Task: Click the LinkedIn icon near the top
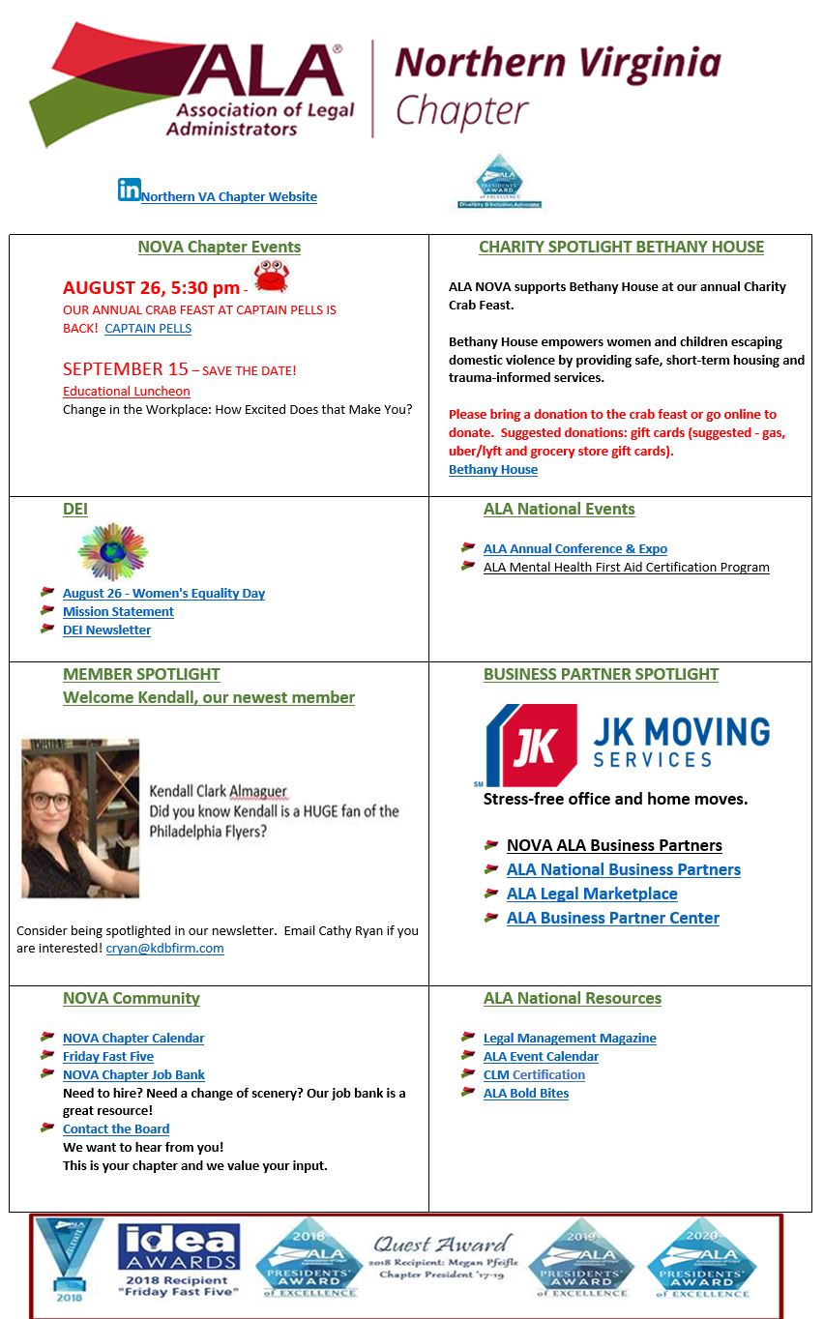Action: tap(129, 190)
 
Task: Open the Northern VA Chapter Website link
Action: tap(229, 197)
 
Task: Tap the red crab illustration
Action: tap(271, 278)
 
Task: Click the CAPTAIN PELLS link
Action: tap(148, 328)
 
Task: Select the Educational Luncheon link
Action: tap(127, 392)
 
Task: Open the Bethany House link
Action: tap(493, 470)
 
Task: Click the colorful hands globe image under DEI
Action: tap(112, 551)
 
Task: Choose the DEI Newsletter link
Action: tap(107, 630)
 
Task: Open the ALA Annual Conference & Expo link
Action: tap(575, 549)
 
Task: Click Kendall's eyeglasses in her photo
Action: tap(50, 801)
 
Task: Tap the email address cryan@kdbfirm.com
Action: tap(164, 949)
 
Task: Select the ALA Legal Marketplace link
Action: tap(592, 894)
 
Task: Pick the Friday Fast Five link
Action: tap(108, 1057)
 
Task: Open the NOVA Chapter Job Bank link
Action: tap(133, 1075)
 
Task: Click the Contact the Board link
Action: tap(116, 1129)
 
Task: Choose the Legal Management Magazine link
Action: tap(570, 1039)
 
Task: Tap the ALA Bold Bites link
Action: tap(526, 1094)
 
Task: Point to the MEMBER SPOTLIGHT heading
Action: tap(141, 674)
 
